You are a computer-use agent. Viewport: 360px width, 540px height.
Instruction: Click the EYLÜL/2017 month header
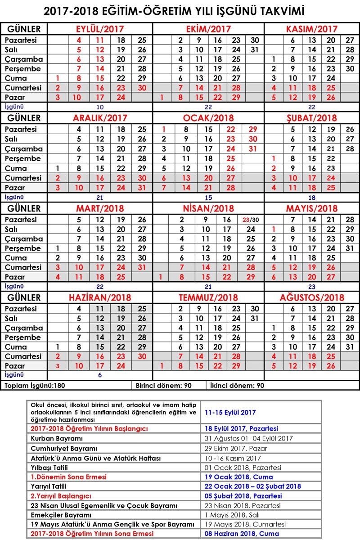click(100, 29)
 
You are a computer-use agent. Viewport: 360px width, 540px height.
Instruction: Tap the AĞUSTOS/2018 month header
click(312, 297)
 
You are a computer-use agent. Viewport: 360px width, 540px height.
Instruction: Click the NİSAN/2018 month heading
click(208, 208)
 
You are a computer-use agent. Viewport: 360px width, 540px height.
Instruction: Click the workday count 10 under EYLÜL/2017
click(100, 107)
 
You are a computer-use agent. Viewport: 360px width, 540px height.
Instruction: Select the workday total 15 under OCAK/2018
click(208, 197)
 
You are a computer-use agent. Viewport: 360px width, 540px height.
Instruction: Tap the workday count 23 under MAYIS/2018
click(312, 286)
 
